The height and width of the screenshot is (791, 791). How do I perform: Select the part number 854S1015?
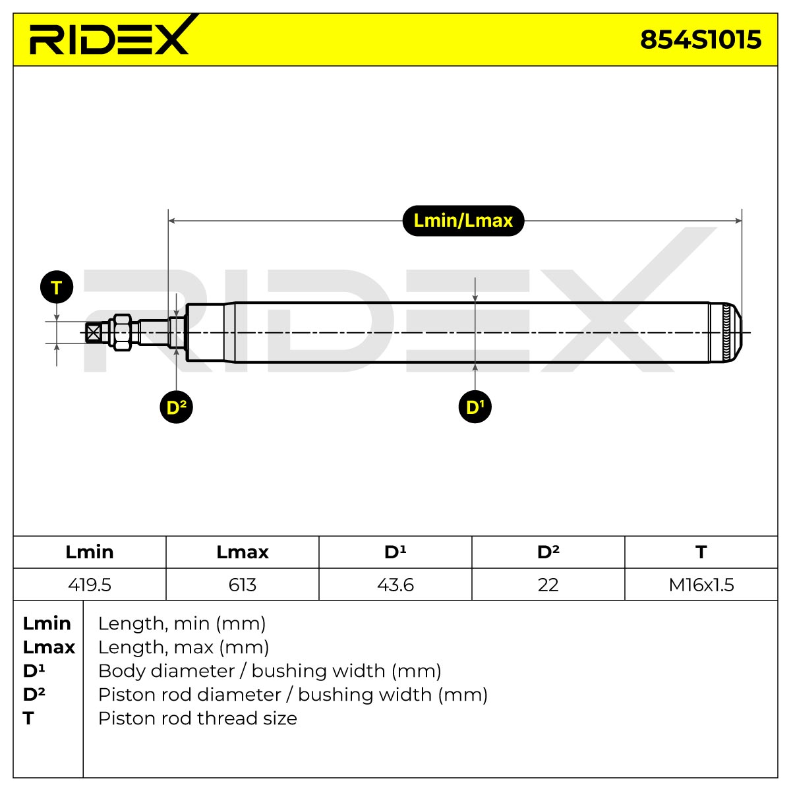click(700, 40)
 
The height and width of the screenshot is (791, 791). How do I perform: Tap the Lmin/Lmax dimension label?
click(463, 220)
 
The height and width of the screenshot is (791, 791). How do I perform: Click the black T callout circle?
click(57, 287)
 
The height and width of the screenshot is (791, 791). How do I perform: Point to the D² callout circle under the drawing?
click(176, 407)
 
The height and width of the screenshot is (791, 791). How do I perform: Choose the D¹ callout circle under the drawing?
click(475, 407)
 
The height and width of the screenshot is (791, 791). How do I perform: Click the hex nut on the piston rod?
click(123, 332)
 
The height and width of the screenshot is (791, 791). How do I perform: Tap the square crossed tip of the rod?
click(94, 332)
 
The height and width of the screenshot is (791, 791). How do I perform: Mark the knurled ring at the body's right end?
click(726, 332)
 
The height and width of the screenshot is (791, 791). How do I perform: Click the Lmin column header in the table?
click(90, 552)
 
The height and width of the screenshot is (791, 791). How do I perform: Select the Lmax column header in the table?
click(242, 552)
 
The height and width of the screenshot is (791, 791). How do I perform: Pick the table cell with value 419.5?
click(90, 585)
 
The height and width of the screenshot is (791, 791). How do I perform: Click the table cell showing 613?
click(242, 585)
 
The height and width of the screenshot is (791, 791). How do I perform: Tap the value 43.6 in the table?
click(395, 585)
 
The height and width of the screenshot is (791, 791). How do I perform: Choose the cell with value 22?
click(548, 585)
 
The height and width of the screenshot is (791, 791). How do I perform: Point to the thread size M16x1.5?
click(701, 585)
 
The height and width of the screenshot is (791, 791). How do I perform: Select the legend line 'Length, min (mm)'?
click(182, 623)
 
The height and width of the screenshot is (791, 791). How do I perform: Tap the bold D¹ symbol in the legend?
click(34, 671)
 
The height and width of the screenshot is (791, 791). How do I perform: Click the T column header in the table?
click(701, 552)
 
